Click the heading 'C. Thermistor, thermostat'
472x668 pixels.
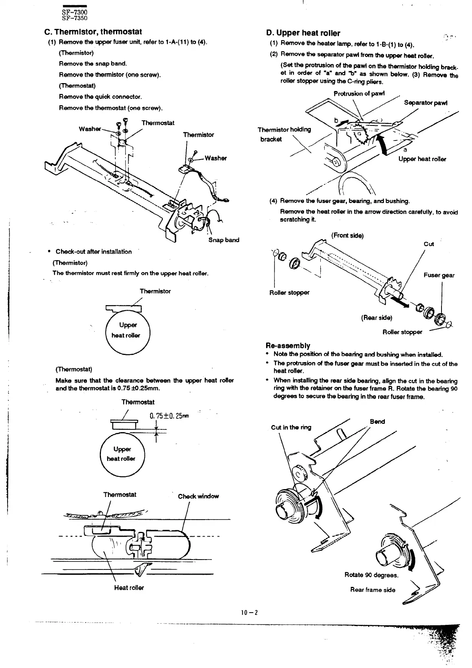point(93,32)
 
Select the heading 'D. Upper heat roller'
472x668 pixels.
point(303,33)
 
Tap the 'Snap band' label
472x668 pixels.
point(224,240)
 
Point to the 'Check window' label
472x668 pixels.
point(198,496)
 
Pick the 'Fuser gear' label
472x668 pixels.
point(439,275)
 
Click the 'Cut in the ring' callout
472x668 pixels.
point(291,427)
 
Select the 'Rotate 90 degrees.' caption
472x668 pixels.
point(371,575)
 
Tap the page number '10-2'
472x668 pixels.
point(249,613)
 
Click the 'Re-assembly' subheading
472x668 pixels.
point(288,345)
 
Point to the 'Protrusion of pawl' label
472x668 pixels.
point(359,94)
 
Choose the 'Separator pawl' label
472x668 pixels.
point(426,103)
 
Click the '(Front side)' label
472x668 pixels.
point(347,236)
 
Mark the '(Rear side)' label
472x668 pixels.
point(377,318)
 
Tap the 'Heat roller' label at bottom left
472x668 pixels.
point(129,588)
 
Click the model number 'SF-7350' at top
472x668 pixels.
point(74,18)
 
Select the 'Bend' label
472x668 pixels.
point(377,422)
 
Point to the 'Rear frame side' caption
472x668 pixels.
point(373,590)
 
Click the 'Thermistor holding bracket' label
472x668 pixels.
point(284,134)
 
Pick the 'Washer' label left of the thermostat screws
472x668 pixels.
point(89,129)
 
